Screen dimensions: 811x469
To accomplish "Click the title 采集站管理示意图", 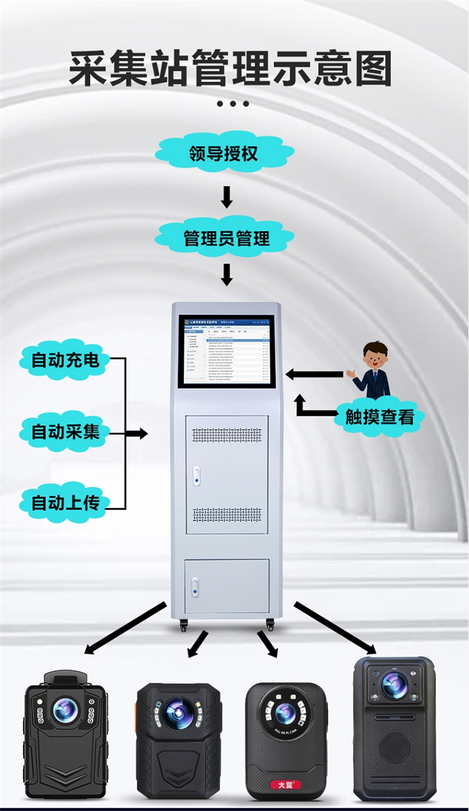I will pyautogui.click(x=231, y=68).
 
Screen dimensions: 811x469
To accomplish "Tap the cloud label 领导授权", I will pyautogui.click(x=224, y=153).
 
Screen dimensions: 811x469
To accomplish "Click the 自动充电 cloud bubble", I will pyautogui.click(x=65, y=360).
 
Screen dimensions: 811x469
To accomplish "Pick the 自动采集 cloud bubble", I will pyautogui.click(x=65, y=431).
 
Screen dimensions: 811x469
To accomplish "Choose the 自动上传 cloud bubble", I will pyautogui.click(x=65, y=503).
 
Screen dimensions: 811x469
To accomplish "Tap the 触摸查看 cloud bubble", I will pyautogui.click(x=380, y=416).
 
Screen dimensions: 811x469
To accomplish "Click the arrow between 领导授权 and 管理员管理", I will pyautogui.click(x=226, y=196).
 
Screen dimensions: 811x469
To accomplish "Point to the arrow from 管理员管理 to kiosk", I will pyautogui.click(x=226, y=275).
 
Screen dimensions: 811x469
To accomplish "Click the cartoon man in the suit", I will pyautogui.click(x=373, y=370).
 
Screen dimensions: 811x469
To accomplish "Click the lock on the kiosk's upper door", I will pyautogui.click(x=196, y=475).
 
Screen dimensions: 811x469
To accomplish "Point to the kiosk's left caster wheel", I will pyautogui.click(x=184, y=625).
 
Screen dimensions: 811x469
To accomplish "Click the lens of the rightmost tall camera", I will pyautogui.click(x=395, y=685).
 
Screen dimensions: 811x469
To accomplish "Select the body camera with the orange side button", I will pyautogui.click(x=179, y=740).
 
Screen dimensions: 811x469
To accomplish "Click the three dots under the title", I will pyautogui.click(x=233, y=104).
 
